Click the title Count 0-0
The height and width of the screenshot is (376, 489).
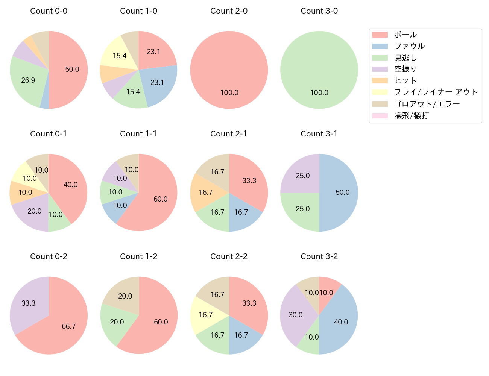pos(49,11)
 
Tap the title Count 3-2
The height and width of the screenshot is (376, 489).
pos(319,256)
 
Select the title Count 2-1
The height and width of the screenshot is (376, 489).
pos(229,134)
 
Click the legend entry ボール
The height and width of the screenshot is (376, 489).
pos(405,35)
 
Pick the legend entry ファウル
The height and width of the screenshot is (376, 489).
pos(409,46)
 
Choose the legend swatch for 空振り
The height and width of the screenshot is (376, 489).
pos(380,69)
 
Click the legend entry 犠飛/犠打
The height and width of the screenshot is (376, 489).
pos(411,115)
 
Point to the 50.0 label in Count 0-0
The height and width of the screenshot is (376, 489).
pos(72,70)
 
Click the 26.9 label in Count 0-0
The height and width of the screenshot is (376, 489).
pos(28,80)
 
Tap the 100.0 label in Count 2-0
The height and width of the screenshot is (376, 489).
pos(229,93)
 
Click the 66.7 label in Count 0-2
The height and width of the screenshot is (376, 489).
pos(69,327)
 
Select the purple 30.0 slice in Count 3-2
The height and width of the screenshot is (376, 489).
pos(295,315)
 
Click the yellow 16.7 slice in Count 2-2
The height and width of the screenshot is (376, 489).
pos(205,315)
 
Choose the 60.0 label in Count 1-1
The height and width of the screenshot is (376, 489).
pos(161,199)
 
